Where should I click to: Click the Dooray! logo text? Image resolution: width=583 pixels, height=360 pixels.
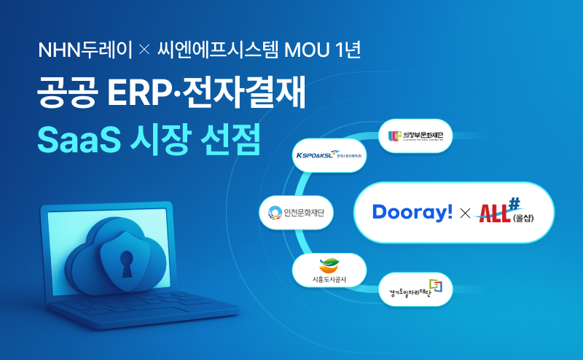click(x=412, y=211)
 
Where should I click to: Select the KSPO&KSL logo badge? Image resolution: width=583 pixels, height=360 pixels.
click(x=329, y=155)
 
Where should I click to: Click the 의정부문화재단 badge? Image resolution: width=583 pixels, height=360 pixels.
click(x=416, y=135)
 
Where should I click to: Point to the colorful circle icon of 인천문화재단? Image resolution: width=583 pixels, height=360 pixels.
click(x=275, y=213)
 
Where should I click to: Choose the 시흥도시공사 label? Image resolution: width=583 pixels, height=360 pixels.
click(x=329, y=279)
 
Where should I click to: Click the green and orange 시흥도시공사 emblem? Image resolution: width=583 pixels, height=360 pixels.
click(x=329, y=265)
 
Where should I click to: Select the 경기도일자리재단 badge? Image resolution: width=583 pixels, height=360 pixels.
click(x=415, y=289)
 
